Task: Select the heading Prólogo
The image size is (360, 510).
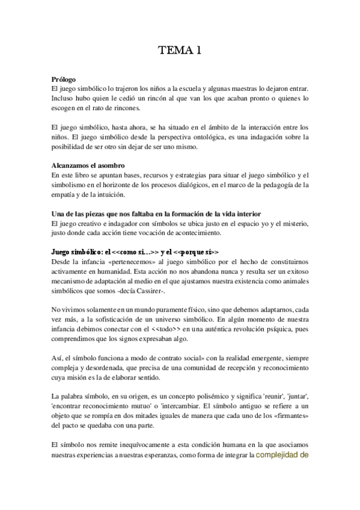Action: click(x=63, y=79)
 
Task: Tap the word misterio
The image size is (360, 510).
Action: click(x=294, y=224)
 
